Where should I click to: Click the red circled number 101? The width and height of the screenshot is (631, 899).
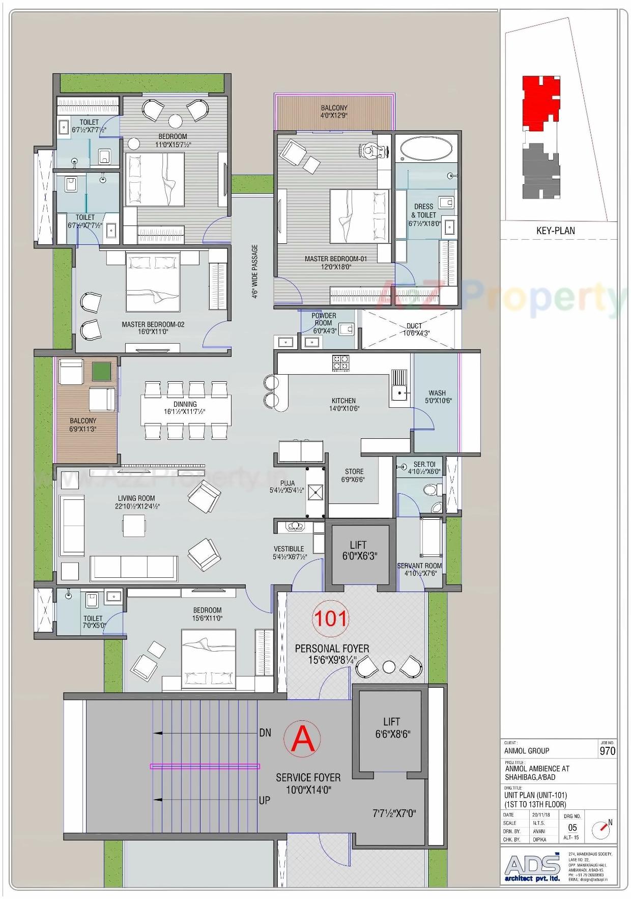(331, 619)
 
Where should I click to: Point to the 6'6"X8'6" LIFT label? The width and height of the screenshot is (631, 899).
(391, 728)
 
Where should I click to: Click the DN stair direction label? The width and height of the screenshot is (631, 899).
(265, 733)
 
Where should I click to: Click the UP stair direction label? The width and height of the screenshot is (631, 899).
(265, 800)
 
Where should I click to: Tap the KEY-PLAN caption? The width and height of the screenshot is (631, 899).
(555, 231)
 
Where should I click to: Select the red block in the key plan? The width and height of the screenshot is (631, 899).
(539, 102)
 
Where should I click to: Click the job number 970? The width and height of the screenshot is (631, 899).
(607, 751)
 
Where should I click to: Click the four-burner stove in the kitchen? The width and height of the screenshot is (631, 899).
(341, 362)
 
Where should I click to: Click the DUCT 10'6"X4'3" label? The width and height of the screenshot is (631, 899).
(416, 329)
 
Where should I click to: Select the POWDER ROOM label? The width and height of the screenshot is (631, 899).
(324, 319)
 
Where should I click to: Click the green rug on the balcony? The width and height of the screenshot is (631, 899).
(101, 370)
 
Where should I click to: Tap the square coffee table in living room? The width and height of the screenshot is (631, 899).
(133, 525)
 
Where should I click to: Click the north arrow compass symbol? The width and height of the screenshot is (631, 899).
(603, 830)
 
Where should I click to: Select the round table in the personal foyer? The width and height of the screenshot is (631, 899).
(389, 666)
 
